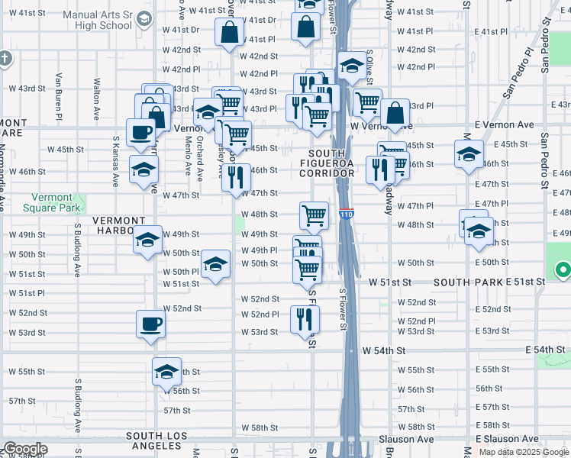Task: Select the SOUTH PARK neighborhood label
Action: pos(468,282)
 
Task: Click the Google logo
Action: pos(25,449)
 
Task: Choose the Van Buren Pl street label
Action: pos(59,97)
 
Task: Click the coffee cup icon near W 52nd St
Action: pos(150,324)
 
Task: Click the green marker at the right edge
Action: pos(563,270)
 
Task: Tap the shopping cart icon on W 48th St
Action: pos(314,216)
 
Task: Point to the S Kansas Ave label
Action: pos(116,161)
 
